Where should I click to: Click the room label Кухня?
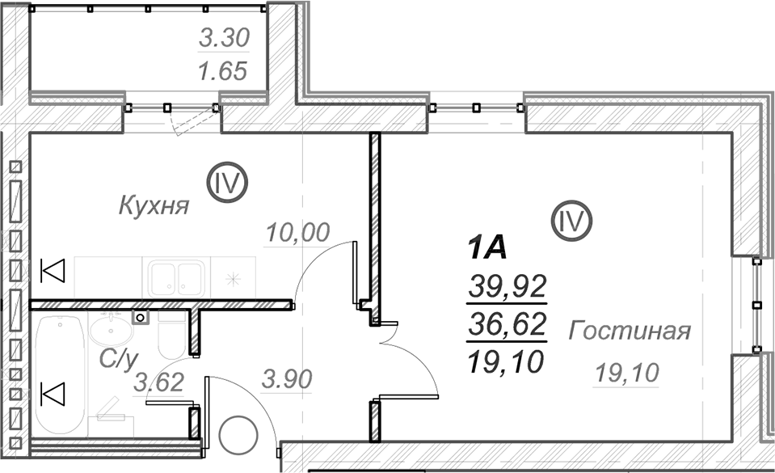pos(154,205)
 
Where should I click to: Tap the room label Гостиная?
pos(630,331)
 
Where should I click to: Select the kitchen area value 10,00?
pos(297,233)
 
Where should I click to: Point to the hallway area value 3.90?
pos(287,379)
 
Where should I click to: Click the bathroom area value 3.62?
pos(159,382)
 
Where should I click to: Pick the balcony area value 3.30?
pos(225,38)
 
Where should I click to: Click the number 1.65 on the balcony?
pos(222,71)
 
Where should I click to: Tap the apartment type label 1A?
pos(487,248)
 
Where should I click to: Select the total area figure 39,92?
pos(508,286)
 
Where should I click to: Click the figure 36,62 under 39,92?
pos(508,324)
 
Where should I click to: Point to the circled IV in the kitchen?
pos(227,183)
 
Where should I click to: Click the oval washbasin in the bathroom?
pos(112,331)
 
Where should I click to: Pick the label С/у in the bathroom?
pos(118,360)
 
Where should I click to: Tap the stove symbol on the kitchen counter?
pos(233,280)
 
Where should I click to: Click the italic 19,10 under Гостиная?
pos(627,372)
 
